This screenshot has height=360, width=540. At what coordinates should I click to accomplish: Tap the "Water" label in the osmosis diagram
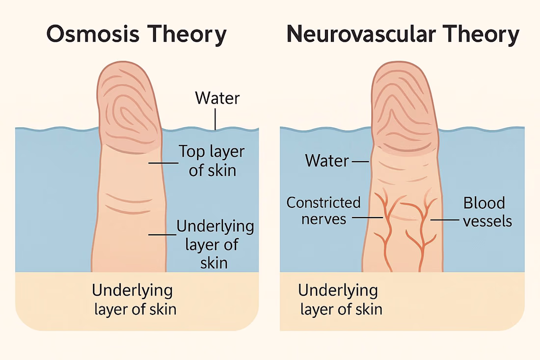tap(217, 98)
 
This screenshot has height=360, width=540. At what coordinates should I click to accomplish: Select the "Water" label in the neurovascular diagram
tap(327, 160)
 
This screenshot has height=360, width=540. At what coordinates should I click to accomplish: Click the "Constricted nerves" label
tap(324, 210)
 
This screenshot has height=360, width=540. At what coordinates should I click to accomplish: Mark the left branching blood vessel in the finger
tap(386, 231)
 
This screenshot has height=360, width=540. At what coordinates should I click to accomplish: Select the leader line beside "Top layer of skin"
tap(162, 163)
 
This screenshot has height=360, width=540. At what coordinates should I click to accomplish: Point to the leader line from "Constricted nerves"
tap(368, 218)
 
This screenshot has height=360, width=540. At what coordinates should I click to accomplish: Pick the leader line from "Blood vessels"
tap(444, 220)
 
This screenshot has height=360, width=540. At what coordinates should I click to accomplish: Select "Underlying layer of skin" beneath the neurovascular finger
tap(340, 300)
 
